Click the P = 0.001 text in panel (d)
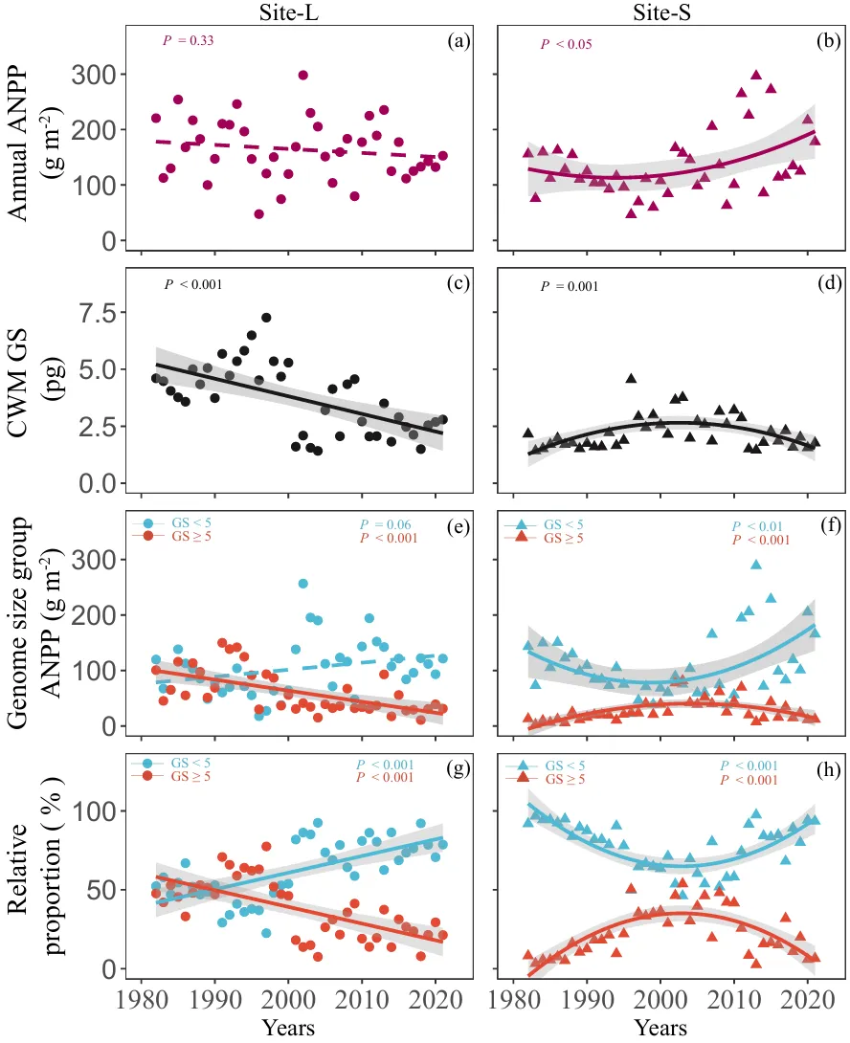[x=570, y=286]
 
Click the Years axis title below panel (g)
[x=289, y=1029]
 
